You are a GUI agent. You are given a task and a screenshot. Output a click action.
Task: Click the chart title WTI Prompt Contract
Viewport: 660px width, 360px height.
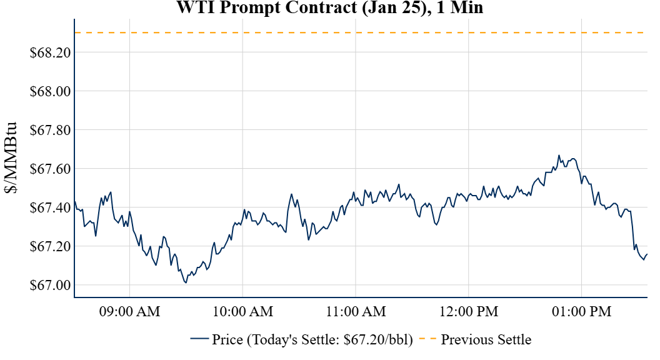tap(330, 8)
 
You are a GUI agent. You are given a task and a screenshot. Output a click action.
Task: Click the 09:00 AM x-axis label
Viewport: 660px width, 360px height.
tap(130, 311)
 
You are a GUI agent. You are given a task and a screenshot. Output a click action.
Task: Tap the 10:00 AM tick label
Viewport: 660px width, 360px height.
tap(243, 311)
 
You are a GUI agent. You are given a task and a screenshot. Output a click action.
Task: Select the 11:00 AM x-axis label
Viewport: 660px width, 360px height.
tap(356, 311)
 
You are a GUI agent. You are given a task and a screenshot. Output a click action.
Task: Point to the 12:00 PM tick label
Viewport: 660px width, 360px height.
tap(469, 311)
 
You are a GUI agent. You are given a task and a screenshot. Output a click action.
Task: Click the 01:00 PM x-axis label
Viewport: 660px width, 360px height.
tap(582, 311)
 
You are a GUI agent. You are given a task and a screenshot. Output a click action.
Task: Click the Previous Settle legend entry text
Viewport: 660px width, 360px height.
tap(486, 340)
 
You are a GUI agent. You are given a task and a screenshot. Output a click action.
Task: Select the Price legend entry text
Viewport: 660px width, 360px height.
tap(312, 340)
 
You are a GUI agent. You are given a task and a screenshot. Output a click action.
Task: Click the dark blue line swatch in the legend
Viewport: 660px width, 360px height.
tap(199, 339)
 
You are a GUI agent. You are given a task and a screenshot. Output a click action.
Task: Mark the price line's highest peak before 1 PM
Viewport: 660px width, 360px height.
tap(559, 155)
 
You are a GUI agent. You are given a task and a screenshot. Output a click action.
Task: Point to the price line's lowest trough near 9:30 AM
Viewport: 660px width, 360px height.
tap(186, 283)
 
